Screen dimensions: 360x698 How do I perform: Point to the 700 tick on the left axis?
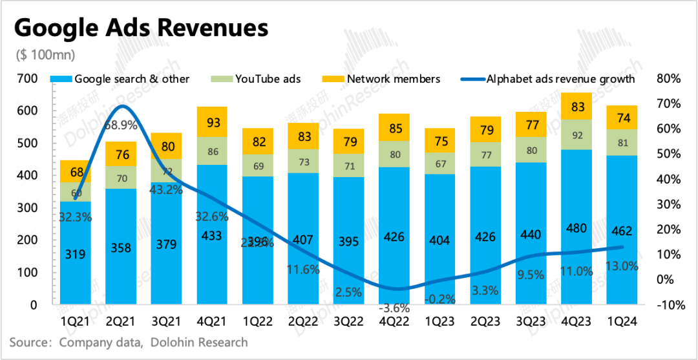tap(28, 78)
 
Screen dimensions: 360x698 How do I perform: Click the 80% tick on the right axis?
tap(668, 78)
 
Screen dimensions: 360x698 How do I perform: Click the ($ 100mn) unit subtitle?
tap(45, 55)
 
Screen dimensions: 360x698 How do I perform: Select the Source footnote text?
tap(129, 342)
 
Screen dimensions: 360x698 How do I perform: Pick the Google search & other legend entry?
tap(123, 79)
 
